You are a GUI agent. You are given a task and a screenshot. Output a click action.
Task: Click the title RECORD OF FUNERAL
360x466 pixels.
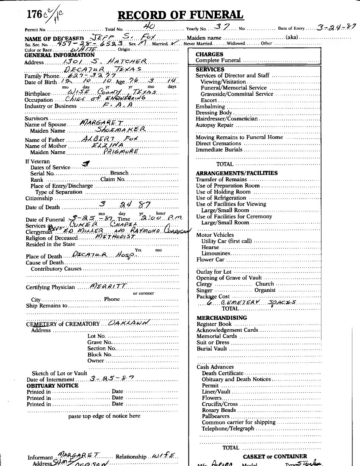point(180,15)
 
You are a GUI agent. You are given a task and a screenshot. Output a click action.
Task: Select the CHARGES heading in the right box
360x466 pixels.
point(209,54)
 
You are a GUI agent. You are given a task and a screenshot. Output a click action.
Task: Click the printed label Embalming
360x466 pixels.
point(207,107)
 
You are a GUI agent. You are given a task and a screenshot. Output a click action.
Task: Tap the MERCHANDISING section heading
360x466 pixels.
point(222,318)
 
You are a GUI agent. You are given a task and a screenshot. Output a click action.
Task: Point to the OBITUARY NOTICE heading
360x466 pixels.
point(53,386)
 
